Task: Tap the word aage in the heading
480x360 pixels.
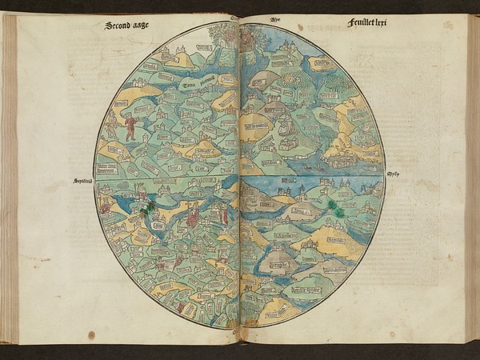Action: [141, 26]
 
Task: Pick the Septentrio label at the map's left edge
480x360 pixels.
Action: [84, 182]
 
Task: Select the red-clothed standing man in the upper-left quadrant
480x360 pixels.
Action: [130, 128]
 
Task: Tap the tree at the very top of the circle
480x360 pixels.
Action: [221, 34]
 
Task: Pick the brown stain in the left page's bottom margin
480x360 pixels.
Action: [91, 334]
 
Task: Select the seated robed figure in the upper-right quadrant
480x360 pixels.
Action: [284, 124]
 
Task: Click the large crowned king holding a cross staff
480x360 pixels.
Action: [193, 214]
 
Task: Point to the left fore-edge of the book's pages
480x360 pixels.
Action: [10, 176]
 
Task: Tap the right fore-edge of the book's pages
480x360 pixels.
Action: [472, 176]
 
